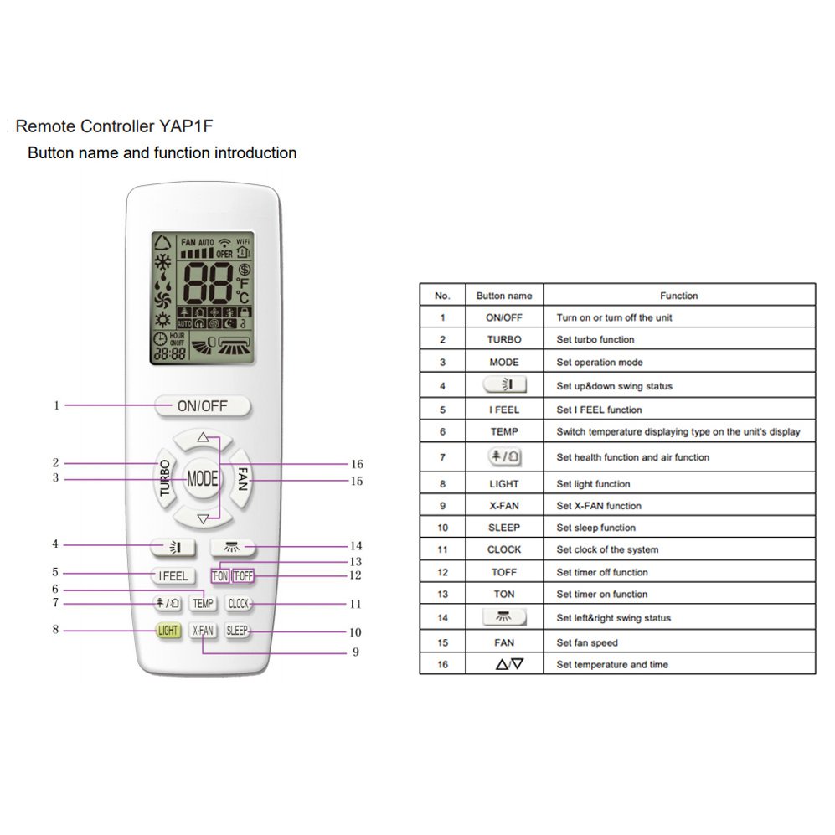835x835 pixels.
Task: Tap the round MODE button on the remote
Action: click(x=203, y=478)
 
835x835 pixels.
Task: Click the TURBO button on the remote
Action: click(x=166, y=477)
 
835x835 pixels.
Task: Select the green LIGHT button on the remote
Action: click(x=168, y=631)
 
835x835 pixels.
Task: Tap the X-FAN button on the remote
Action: click(x=203, y=631)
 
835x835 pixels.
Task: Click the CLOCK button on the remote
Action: click(x=238, y=604)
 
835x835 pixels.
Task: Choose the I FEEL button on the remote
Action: click(x=173, y=575)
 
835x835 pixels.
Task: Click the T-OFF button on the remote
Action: click(x=243, y=575)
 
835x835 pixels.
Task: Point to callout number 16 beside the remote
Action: click(x=357, y=464)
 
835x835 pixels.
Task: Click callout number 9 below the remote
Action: click(x=356, y=652)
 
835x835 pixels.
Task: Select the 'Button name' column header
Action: click(x=504, y=296)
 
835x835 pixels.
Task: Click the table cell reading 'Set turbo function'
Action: click(x=595, y=339)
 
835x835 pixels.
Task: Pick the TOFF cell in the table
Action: click(x=504, y=572)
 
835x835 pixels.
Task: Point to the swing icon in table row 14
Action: click(x=504, y=617)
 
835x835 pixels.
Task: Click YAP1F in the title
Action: click(x=186, y=126)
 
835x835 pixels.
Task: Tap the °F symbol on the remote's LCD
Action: click(x=243, y=283)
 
